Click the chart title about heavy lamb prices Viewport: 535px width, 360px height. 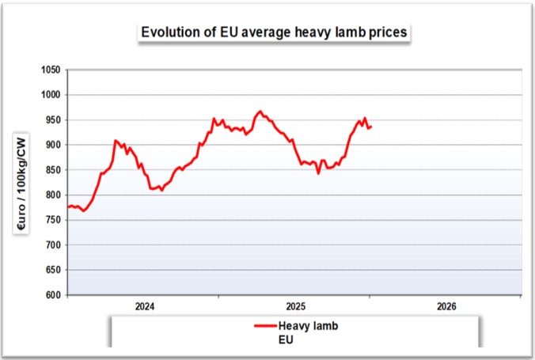[274, 32]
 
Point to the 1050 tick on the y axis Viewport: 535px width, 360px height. [51, 70]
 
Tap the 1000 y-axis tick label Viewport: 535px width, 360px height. [51, 95]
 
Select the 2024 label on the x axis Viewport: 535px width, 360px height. [144, 306]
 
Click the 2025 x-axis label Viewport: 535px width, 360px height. [295, 306]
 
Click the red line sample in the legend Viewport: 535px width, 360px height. [264, 326]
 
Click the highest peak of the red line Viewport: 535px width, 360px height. [260, 112]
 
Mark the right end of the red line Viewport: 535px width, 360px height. [371, 127]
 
